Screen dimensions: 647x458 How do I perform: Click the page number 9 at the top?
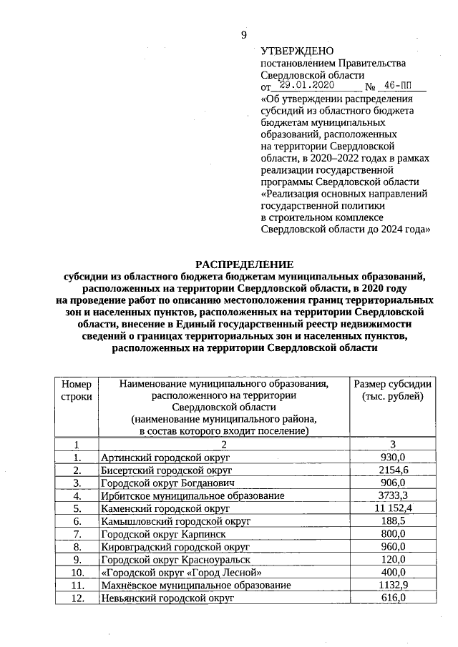pos(243,35)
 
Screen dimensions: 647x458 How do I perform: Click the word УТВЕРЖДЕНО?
pos(297,51)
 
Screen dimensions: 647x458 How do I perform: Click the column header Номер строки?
pos(76,390)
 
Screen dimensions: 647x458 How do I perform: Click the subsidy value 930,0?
pos(393,458)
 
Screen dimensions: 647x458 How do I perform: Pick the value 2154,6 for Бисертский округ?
pos(393,470)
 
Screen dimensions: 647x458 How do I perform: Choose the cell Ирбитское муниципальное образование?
pos(193,495)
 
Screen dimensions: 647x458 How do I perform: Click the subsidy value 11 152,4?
pos(393,508)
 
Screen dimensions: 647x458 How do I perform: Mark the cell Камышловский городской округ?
pos(175,521)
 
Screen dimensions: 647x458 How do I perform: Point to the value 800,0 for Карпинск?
pos(393,534)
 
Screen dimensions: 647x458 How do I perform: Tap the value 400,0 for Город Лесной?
pos(393,573)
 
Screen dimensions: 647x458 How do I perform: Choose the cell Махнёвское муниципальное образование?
pos(196,586)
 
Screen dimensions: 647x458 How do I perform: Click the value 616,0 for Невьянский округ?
pos(393,598)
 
